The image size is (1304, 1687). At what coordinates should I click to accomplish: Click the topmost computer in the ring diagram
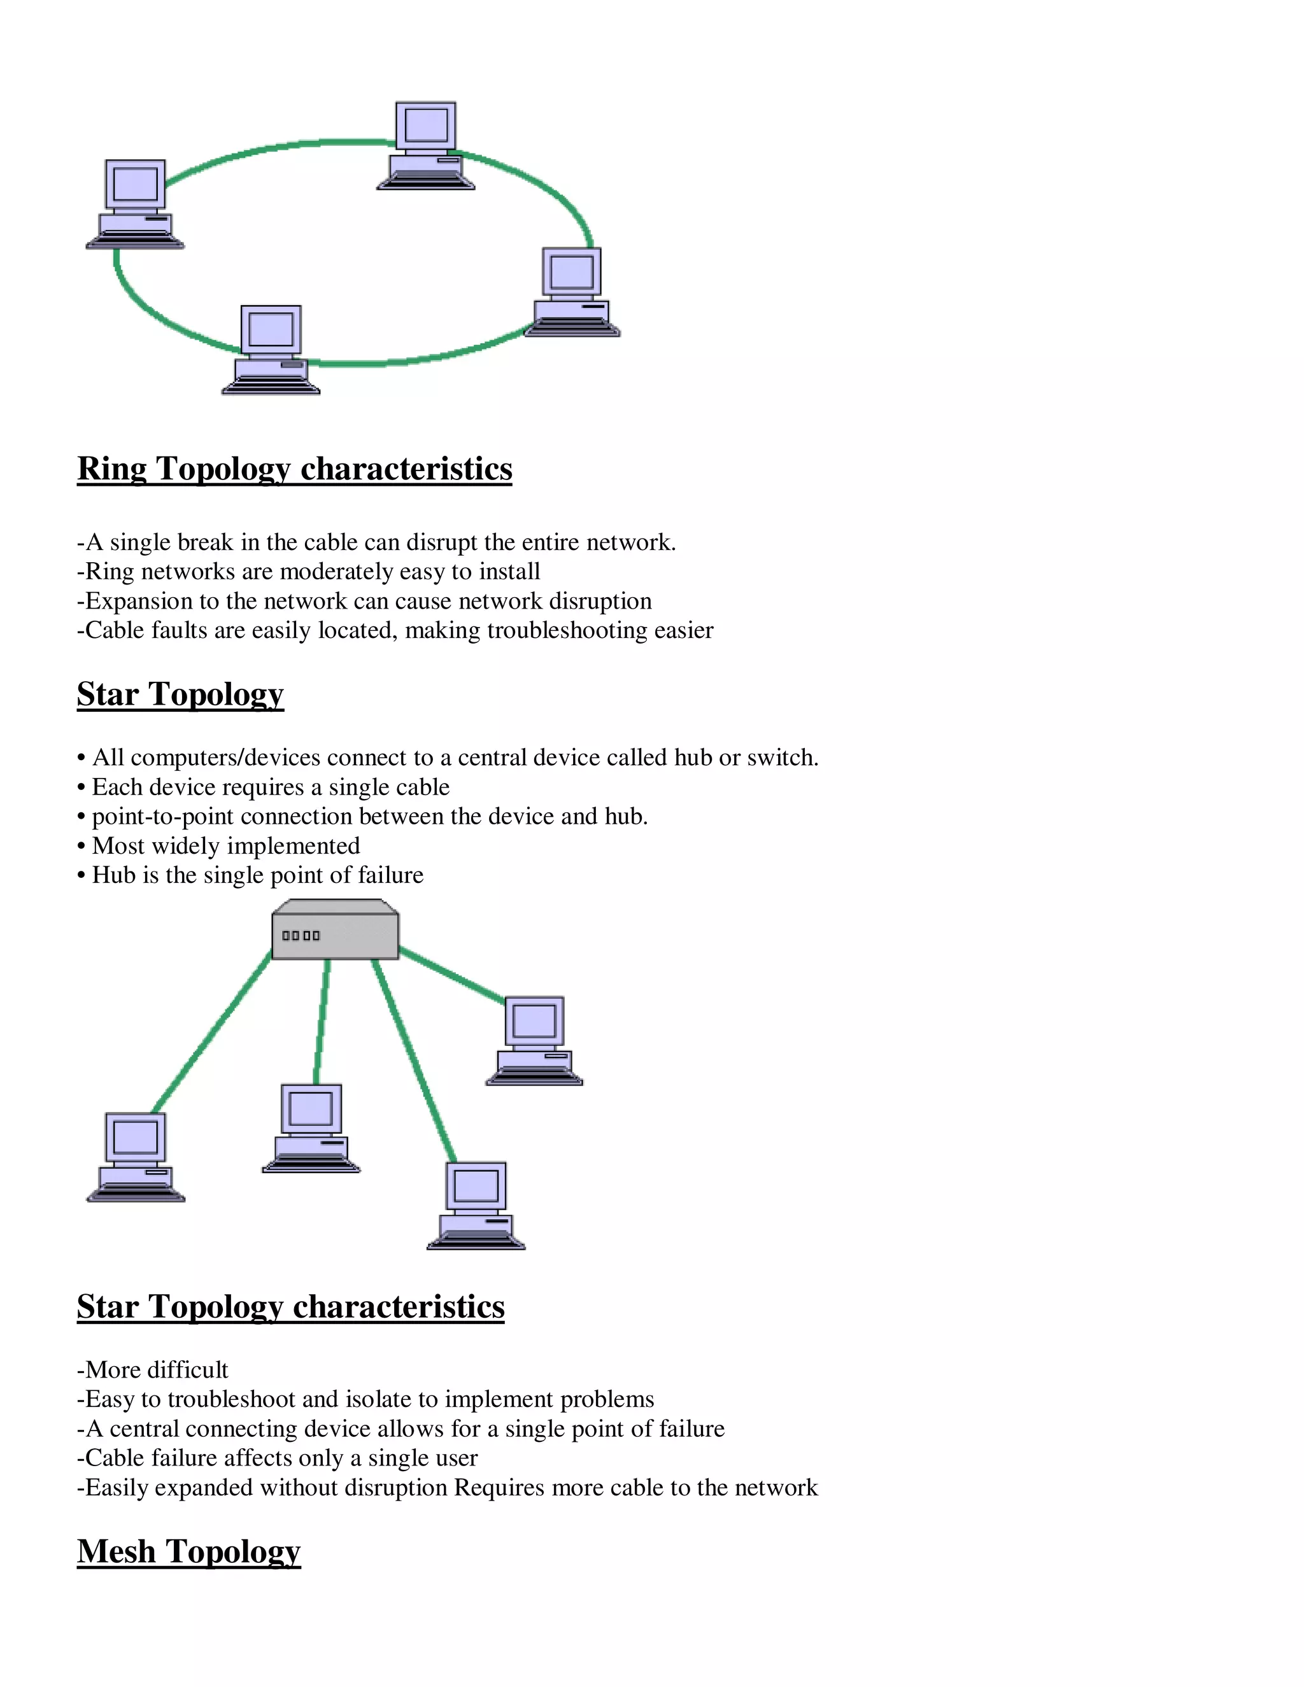coord(426,145)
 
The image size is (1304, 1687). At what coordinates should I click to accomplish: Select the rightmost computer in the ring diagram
coord(572,292)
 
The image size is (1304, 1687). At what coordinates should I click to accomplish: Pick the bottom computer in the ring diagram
coord(271,350)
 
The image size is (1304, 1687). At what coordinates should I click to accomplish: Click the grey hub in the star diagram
coord(336,930)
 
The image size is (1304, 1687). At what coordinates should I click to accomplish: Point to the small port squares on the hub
coord(301,935)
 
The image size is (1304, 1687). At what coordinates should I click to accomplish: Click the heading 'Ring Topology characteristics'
coord(294,469)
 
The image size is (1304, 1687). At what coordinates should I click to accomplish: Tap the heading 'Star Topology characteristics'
coord(290,1306)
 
